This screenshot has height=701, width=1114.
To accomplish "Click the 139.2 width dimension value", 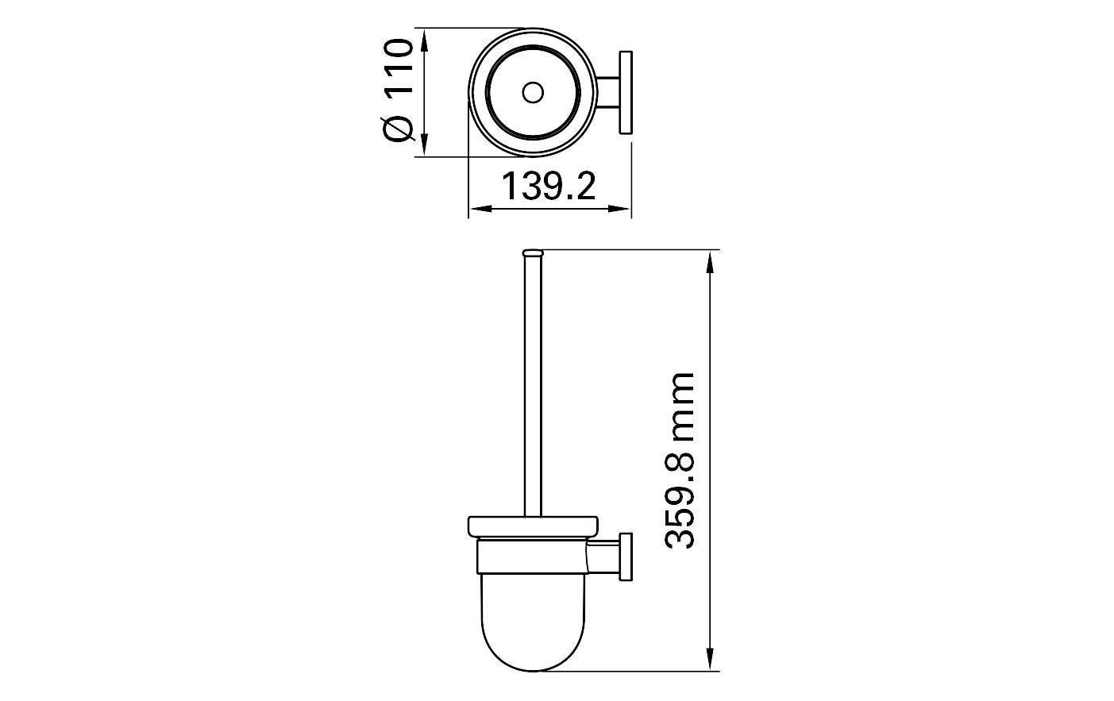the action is [x=549, y=186].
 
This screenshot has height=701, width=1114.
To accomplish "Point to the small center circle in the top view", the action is [x=533, y=92].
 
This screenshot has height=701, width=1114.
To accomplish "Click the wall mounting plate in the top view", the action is [x=625, y=92].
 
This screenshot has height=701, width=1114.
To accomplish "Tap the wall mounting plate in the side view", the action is [x=625, y=557].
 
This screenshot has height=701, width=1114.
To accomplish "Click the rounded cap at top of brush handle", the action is [x=533, y=252].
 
